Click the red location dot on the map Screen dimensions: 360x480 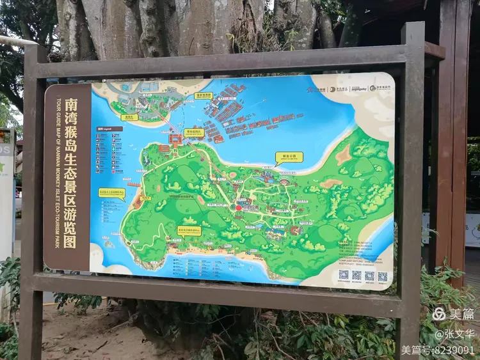click(239, 207)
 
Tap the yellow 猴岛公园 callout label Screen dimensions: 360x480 click(289, 156)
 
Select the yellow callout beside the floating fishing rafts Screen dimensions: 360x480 click(203, 96)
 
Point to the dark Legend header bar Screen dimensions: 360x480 click(109, 129)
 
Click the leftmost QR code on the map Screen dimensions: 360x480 click(344, 275)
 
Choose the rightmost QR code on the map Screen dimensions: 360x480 click(383, 276)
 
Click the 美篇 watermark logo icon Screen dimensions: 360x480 click(439, 314)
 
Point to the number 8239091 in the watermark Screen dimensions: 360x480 click(452, 350)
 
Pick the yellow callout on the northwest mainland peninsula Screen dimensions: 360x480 click(129, 117)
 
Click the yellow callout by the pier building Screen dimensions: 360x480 click(194, 132)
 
